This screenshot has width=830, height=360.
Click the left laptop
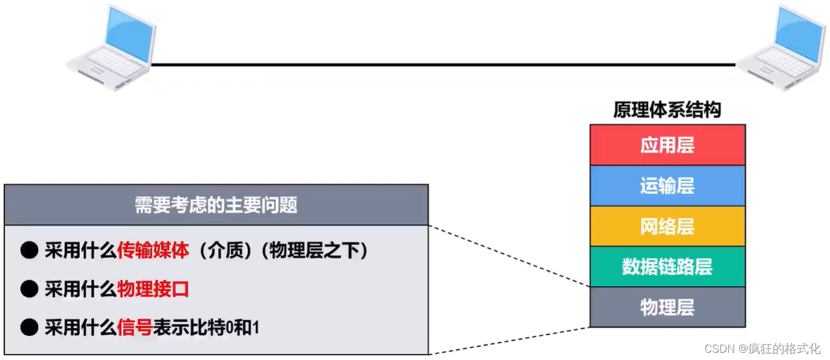tap(111, 48)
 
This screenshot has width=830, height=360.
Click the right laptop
tap(782, 48)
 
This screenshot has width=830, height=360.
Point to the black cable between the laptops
tap(443, 64)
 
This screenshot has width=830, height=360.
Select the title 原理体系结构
tap(667, 110)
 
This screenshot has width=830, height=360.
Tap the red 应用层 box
tap(667, 145)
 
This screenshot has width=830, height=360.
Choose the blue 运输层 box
tap(667, 185)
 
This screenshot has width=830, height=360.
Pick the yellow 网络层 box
tap(667, 226)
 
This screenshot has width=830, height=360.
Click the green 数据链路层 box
tap(667, 267)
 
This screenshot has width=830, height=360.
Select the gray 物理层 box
tap(667, 307)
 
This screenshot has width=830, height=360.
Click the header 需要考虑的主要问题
tap(216, 205)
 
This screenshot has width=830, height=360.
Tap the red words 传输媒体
tap(153, 251)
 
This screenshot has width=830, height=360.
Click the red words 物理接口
tap(153, 289)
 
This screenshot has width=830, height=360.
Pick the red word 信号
tap(135, 328)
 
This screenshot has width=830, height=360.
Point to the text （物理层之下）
tap(314, 251)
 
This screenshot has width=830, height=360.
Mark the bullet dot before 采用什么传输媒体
tap(29, 251)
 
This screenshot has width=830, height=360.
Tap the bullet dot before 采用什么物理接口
tap(29, 289)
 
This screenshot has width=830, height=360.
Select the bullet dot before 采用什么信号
tap(29, 328)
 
